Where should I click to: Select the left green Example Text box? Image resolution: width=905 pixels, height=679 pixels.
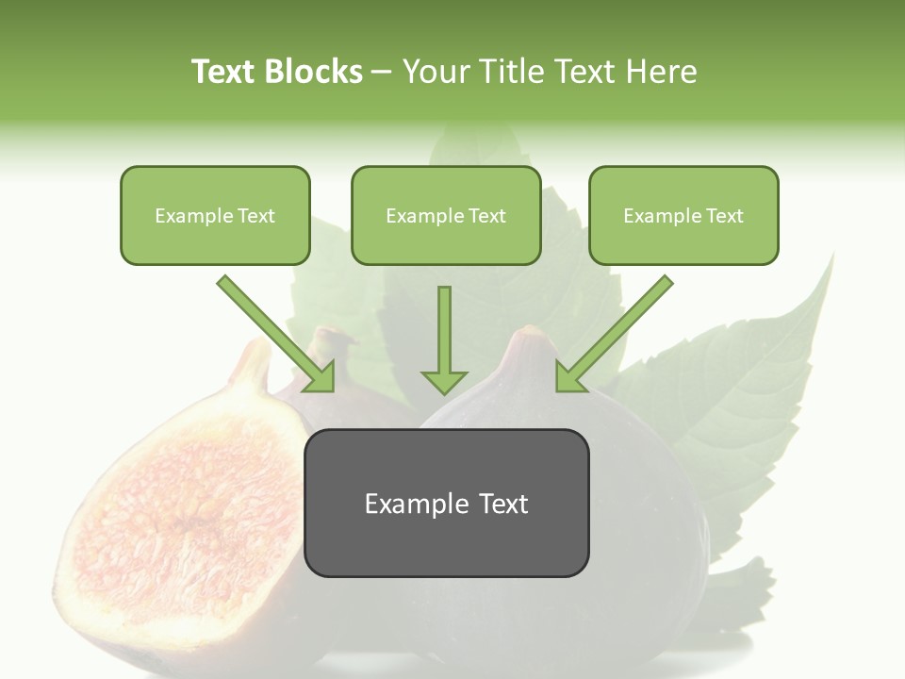pos(215,215)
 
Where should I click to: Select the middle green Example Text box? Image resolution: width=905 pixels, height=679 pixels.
pos(446,215)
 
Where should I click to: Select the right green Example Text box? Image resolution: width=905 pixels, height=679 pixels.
pos(683,215)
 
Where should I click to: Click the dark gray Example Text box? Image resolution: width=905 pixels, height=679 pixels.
pos(447,503)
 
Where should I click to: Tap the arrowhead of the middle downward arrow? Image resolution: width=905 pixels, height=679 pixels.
pos(444,381)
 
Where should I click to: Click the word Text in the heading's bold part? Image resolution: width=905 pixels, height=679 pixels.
pos(224,72)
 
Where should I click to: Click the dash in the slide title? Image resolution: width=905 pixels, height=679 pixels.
pos(382,72)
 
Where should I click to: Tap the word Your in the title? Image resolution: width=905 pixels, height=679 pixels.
pos(436,72)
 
